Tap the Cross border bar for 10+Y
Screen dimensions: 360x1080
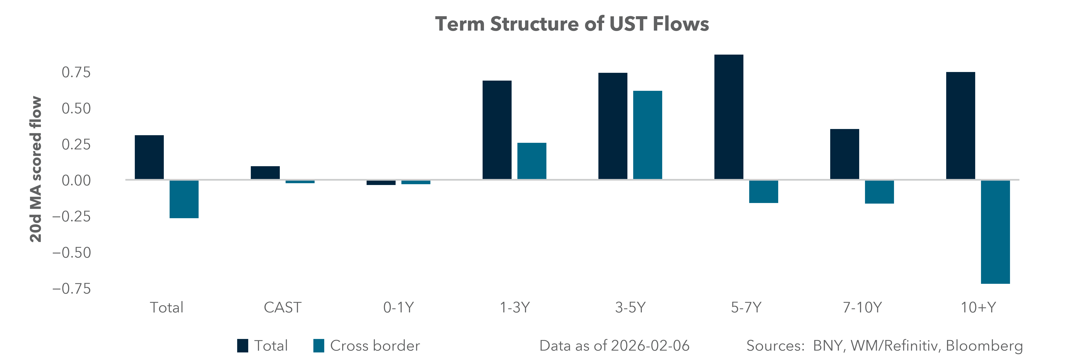point(995,232)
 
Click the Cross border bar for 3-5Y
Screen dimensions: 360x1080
point(647,135)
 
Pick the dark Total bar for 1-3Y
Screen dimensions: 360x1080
point(497,130)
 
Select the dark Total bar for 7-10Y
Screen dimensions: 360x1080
point(844,154)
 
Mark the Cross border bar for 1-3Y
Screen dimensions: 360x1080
point(532,161)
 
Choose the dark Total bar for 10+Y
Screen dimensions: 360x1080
point(961,126)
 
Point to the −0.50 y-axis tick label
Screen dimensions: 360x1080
point(71,253)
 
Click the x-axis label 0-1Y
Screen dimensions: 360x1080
point(398,308)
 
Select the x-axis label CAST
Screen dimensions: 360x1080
point(282,308)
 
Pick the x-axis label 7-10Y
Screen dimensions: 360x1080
point(862,308)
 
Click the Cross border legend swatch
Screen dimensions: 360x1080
point(319,346)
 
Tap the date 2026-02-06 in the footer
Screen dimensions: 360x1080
point(650,346)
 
